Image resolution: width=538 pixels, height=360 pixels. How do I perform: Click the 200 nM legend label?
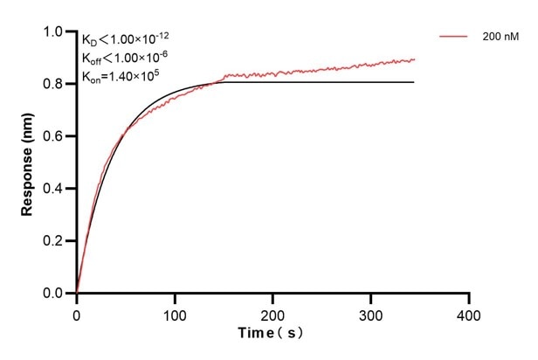501,37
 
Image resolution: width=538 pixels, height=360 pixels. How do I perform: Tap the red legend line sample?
454,37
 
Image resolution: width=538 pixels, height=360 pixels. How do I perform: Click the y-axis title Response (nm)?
29,162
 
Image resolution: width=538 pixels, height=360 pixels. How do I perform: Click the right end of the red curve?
414,59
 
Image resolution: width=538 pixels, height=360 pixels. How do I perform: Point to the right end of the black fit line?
414,82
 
